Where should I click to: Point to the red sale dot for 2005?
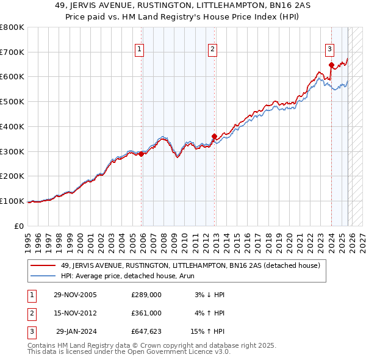tap(142, 154)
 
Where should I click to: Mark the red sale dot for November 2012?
tap(214, 136)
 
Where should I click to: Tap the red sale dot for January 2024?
tap(331, 65)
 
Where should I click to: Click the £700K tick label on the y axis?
tap(12, 52)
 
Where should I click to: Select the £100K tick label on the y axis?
tap(12, 201)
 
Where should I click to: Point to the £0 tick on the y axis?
tap(20, 226)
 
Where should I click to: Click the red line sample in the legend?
tap(44, 265)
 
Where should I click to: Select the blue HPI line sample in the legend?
tap(44, 276)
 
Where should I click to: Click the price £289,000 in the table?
tap(146, 295)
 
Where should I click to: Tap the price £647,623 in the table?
tap(146, 331)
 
